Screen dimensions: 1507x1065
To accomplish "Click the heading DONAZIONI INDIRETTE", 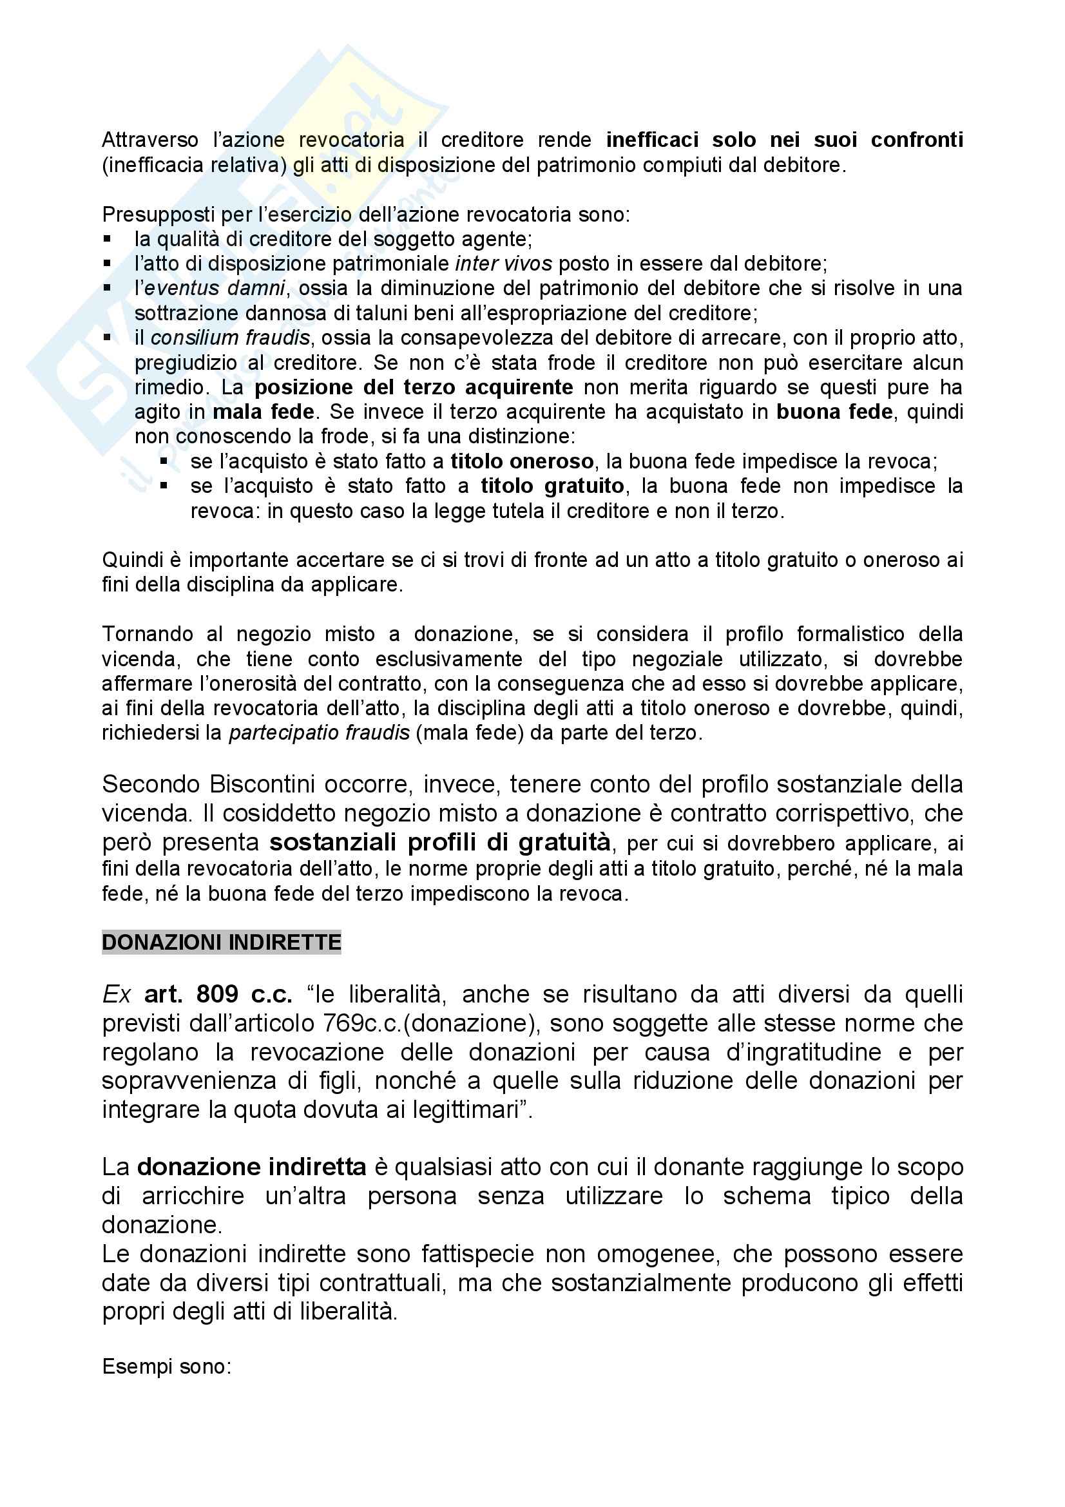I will [221, 943].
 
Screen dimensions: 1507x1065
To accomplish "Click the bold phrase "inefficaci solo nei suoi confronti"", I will [784, 140].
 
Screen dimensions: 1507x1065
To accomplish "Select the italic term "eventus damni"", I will [215, 288].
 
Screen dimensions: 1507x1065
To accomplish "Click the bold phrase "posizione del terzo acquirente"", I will [414, 387].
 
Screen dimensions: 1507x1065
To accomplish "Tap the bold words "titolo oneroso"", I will [522, 461].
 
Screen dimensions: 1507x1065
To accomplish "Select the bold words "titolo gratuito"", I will [552, 486].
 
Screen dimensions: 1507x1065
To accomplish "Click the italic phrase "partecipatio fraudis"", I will [319, 733].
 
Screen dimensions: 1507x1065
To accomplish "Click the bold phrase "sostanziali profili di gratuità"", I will [439, 843].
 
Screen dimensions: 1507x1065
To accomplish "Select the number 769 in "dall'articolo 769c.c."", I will [343, 1023].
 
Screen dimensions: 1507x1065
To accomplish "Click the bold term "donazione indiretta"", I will [251, 1167].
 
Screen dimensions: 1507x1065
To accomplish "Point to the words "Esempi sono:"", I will [167, 1367].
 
